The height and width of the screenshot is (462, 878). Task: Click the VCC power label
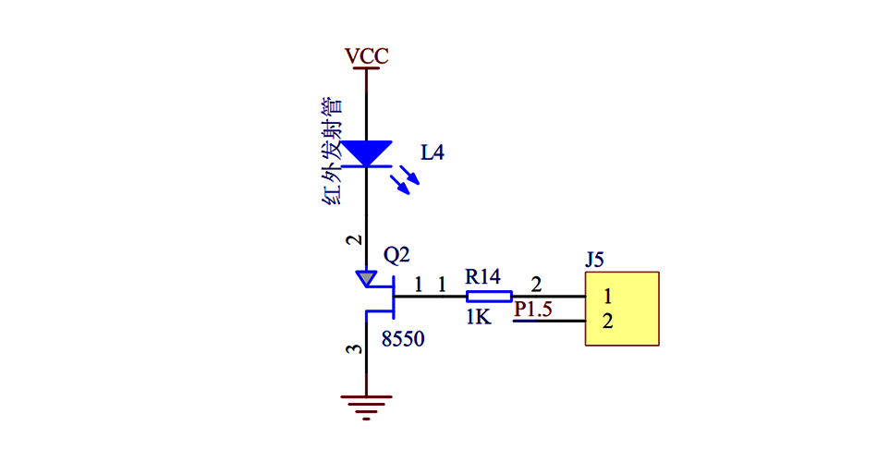[x=367, y=56]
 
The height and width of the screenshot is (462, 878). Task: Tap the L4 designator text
[x=433, y=152]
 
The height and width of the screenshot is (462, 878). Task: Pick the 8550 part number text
[x=403, y=339]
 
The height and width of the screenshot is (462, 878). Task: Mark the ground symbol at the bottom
[x=367, y=407]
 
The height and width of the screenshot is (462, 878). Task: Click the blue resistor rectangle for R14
[x=488, y=297]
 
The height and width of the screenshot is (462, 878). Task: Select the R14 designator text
[x=482, y=276]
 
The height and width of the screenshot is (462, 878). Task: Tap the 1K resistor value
[x=478, y=317]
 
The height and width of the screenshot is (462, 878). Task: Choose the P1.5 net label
[x=533, y=310]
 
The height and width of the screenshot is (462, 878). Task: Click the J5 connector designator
[x=595, y=260]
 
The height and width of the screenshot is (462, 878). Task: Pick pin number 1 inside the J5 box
[x=607, y=297]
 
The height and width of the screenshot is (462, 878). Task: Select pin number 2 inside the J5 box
[x=607, y=322]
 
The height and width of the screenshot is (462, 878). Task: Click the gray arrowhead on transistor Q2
[x=367, y=277]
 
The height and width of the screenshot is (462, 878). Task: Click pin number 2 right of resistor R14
[x=537, y=284]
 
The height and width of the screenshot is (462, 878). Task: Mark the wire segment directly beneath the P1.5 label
[x=549, y=322]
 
